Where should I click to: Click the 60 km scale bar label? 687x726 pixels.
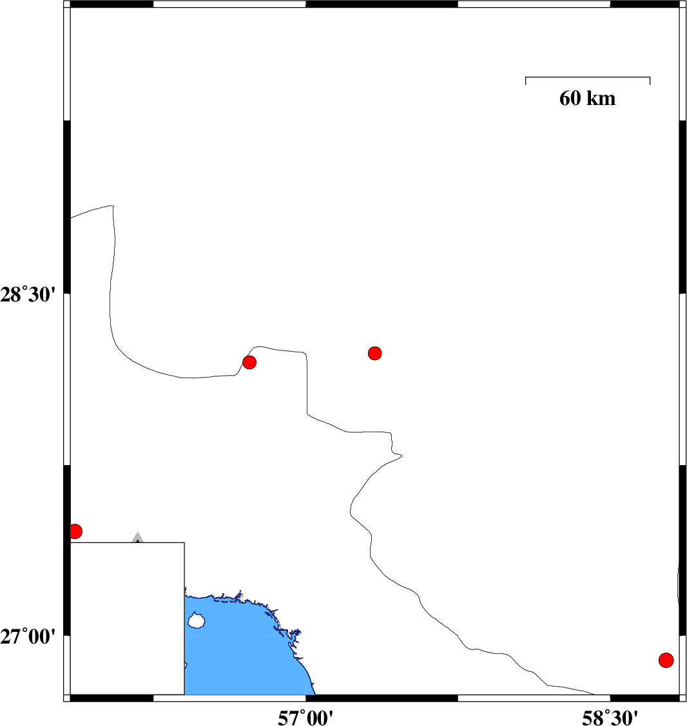pyautogui.click(x=587, y=99)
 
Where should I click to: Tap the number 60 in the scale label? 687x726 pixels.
pyautogui.click(x=570, y=99)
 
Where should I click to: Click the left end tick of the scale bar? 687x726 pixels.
pyautogui.click(x=526, y=80)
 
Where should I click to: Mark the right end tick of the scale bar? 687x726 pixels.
pyautogui.click(x=650, y=80)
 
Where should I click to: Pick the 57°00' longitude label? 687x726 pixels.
pyautogui.click(x=305, y=717)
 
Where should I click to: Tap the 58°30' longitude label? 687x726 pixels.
pyautogui.click(x=610, y=717)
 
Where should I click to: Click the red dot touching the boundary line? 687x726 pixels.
pyautogui.click(x=249, y=362)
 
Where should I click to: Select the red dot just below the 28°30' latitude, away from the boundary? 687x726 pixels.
pyautogui.click(x=375, y=353)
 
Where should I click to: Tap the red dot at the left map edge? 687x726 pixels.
pyautogui.click(x=75, y=531)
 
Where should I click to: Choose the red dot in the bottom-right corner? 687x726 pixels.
pyautogui.click(x=666, y=660)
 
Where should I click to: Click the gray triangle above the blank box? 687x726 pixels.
pyautogui.click(x=137, y=537)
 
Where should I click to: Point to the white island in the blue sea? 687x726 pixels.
pyautogui.click(x=196, y=621)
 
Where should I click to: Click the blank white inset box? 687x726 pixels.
pyautogui.click(x=127, y=618)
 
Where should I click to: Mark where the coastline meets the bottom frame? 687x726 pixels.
pyautogui.click(x=315, y=694)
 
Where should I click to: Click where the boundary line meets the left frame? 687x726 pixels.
pyautogui.click(x=70, y=218)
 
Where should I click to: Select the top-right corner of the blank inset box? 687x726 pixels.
pyautogui.click(x=184, y=542)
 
